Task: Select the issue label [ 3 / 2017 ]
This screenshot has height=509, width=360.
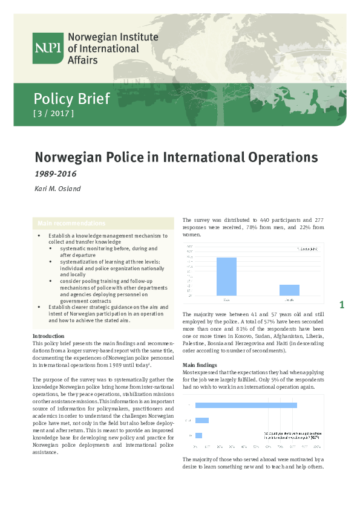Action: tap(53, 113)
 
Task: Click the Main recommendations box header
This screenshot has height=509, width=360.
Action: tap(71, 223)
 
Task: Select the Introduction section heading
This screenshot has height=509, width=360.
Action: tap(49, 336)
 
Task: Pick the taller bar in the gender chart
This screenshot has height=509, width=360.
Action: tap(226, 276)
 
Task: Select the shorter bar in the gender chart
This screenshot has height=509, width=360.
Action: tap(289, 290)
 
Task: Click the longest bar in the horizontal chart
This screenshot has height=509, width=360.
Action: tap(246, 405)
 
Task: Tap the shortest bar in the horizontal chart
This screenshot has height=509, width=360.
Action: tap(198, 435)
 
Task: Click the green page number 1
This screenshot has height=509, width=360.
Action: tap(342, 305)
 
